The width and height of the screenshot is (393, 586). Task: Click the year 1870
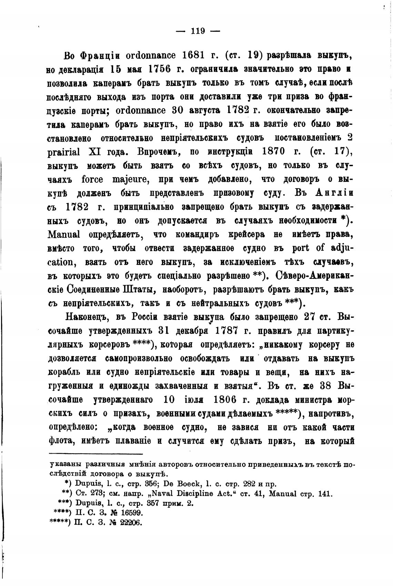(x=278, y=152)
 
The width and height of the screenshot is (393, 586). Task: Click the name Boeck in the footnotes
(x=189, y=483)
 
